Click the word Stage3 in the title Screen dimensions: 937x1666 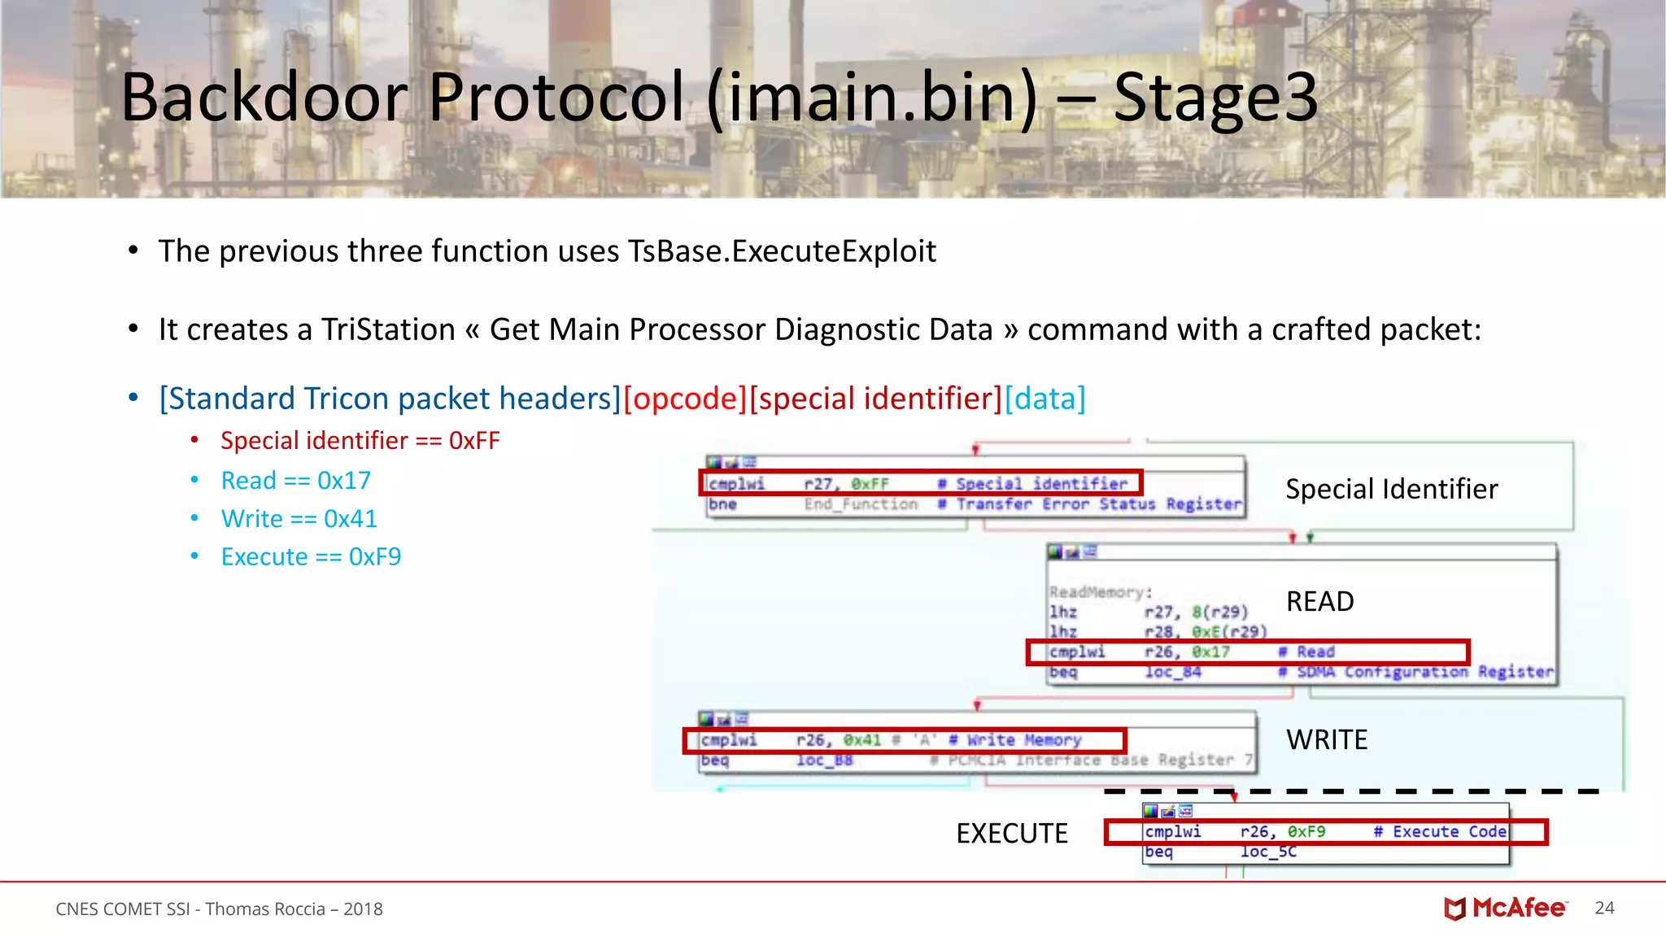[x=1215, y=98]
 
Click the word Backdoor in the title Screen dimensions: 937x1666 [x=264, y=98]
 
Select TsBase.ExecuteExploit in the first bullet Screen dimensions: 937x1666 [x=782, y=251]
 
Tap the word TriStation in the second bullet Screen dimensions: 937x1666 [x=388, y=329]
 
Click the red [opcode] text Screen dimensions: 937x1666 [x=685, y=399]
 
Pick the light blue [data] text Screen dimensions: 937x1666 [x=1045, y=399]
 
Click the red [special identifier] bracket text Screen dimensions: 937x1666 [x=876, y=399]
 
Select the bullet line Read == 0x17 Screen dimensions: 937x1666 [x=295, y=481]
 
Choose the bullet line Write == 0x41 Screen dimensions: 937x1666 [x=299, y=519]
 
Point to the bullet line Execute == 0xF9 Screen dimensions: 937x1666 [x=311, y=557]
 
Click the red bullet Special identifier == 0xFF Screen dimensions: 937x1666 [x=360, y=441]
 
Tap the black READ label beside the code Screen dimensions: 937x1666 [x=1319, y=602]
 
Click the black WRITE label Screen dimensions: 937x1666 [x=1327, y=740]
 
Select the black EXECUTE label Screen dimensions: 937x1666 [x=1011, y=834]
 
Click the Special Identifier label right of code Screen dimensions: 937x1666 [x=1391, y=489]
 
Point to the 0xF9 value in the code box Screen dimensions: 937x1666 [x=1306, y=832]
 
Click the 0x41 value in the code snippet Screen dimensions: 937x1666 [x=862, y=740]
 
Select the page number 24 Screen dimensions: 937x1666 [x=1604, y=909]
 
